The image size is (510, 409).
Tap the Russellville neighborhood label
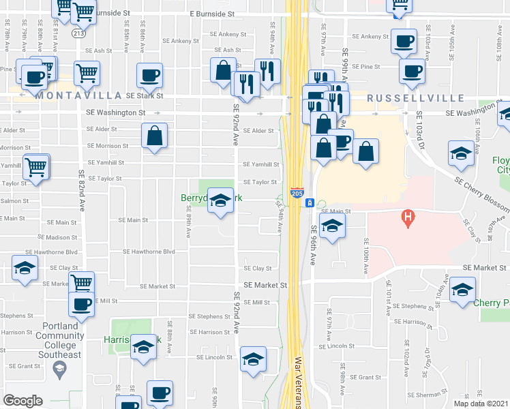coord(416,98)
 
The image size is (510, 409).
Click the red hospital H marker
coord(408,219)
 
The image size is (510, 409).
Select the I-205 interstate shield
coord(297,193)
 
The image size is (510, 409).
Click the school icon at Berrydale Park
coord(220,200)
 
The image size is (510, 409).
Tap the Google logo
coord(23,400)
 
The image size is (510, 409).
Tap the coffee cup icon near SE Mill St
coord(81,304)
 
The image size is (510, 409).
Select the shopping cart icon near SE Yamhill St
coord(36,166)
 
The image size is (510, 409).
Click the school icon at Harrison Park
coord(143,347)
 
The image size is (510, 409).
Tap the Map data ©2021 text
coord(481,403)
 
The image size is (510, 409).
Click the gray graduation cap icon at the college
coord(59,370)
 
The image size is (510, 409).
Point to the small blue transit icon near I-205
coord(309,203)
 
